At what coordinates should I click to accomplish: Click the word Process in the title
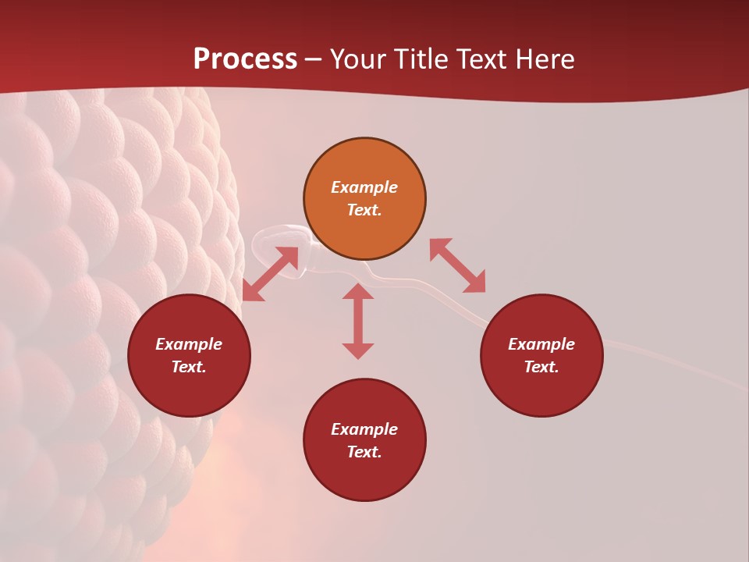(x=245, y=59)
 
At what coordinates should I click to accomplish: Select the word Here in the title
(x=545, y=59)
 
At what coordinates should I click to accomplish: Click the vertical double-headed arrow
(x=358, y=321)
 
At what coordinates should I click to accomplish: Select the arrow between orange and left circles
(x=270, y=273)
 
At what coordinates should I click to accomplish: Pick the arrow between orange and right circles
(x=457, y=265)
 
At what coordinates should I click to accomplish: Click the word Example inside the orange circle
(x=364, y=187)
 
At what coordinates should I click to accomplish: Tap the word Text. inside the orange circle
(x=364, y=210)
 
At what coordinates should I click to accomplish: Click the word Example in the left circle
(x=189, y=344)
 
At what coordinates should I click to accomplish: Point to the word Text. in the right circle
(x=541, y=367)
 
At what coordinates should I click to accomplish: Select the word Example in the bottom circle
(x=364, y=429)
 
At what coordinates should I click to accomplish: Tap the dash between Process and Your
(x=314, y=59)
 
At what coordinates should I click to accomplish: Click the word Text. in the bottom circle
(x=364, y=452)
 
